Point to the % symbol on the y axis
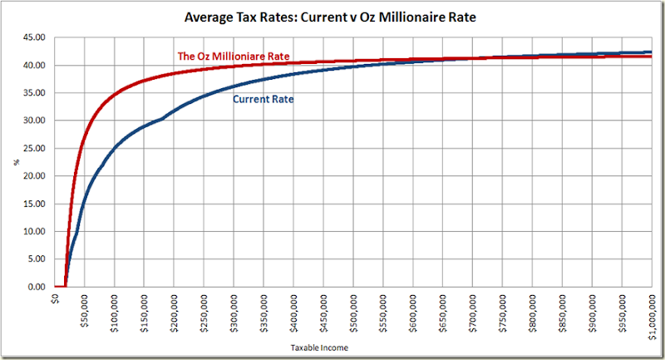point(16,162)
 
